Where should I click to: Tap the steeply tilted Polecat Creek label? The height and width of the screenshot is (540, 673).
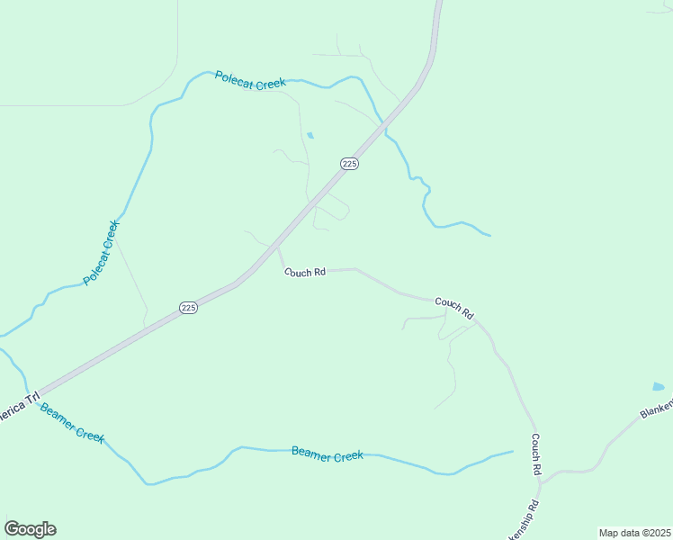pos(101,253)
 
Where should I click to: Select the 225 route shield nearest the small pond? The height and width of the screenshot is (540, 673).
pos(350,163)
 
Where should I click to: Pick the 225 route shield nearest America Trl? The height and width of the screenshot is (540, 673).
pos(188,308)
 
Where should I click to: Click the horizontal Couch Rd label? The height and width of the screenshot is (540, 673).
pos(305,272)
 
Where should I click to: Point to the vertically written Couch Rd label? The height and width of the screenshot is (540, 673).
pos(535,454)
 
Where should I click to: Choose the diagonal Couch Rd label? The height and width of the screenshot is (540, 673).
pos(454,309)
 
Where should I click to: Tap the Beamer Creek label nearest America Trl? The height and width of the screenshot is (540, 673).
pos(72,423)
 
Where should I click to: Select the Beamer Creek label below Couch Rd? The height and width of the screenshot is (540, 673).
pos(328,454)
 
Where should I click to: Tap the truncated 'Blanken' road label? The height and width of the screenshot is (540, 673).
pos(656,409)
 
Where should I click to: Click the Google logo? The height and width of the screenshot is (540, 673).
pos(30,529)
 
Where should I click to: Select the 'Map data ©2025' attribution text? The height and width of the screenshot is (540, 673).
pos(634,533)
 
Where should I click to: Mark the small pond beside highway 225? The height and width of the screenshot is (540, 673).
pos(310,136)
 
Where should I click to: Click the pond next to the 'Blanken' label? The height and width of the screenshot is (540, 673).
pos(659,387)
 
